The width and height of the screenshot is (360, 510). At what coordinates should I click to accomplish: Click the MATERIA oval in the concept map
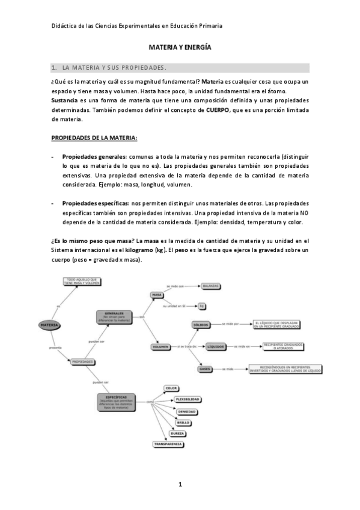[x=50, y=325]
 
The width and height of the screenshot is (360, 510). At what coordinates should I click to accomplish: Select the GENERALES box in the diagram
[x=114, y=317]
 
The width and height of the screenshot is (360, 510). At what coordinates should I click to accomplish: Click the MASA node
[x=158, y=295]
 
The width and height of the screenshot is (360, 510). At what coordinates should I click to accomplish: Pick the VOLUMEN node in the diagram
[x=160, y=347]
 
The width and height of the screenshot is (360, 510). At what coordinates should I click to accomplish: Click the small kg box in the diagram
[x=202, y=306]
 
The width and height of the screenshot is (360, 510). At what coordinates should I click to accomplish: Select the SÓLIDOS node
[x=201, y=325]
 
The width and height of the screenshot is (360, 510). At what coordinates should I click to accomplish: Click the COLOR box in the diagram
[x=171, y=389]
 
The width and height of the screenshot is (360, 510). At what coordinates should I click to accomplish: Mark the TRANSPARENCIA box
[x=168, y=444]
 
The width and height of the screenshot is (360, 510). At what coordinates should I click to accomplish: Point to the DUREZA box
[x=177, y=433]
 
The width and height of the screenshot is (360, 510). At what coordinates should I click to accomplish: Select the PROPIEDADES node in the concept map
[x=82, y=362]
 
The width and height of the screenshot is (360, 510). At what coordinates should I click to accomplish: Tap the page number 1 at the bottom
[x=180, y=484]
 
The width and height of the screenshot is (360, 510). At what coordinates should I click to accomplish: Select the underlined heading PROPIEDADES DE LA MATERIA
[x=94, y=138]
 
